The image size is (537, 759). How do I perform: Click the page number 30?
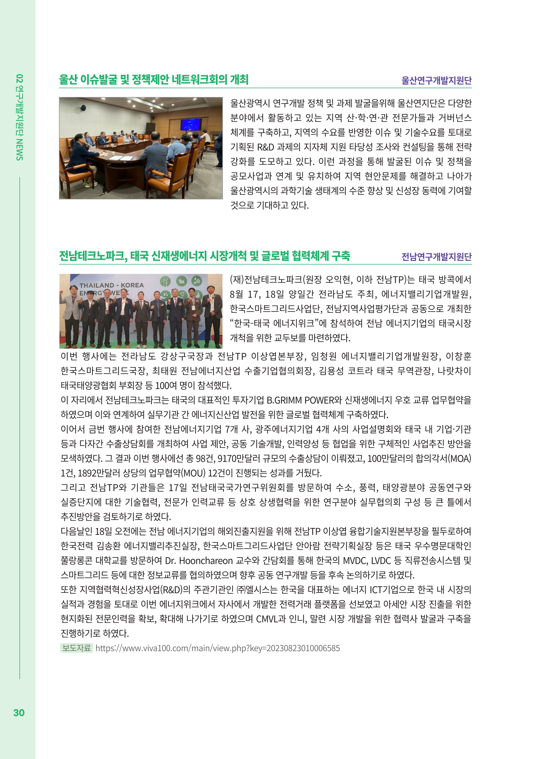(x=19, y=713)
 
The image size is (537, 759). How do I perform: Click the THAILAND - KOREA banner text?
(x=111, y=285)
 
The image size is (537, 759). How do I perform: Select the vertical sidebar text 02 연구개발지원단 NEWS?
(x=19, y=117)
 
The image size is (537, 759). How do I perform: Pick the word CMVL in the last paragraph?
(x=267, y=619)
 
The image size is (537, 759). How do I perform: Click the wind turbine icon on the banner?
(x=165, y=282)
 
